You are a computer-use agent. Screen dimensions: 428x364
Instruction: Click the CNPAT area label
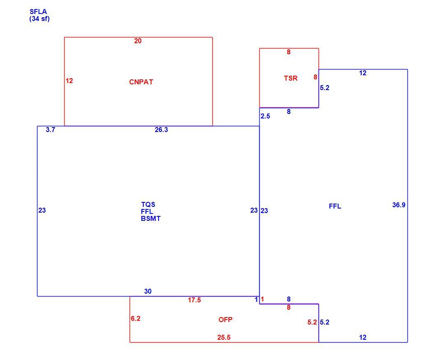pyautogui.click(x=141, y=82)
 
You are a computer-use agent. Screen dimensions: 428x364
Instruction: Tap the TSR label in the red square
pyautogui.click(x=291, y=78)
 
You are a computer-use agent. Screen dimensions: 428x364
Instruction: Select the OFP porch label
pyautogui.click(x=226, y=320)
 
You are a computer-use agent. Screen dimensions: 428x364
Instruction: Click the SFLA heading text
pyautogui.click(x=38, y=12)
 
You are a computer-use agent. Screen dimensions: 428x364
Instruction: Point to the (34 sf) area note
pyautogui.click(x=40, y=19)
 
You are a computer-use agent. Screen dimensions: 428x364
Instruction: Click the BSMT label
pyautogui.click(x=151, y=218)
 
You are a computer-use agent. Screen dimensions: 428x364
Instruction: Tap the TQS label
pyautogui.click(x=148, y=204)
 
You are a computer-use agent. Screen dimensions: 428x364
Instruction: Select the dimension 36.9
pyautogui.click(x=399, y=205)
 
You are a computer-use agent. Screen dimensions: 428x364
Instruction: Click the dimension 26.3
pyautogui.click(x=161, y=130)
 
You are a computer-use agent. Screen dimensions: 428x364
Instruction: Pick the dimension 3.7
pyautogui.click(x=51, y=130)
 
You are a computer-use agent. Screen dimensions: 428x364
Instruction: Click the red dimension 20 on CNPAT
pyautogui.click(x=138, y=41)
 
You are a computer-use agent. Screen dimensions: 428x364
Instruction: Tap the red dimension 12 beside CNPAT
pyautogui.click(x=69, y=81)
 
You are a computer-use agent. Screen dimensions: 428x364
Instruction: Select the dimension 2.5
pyautogui.click(x=265, y=116)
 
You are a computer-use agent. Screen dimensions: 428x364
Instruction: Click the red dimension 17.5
pyautogui.click(x=194, y=300)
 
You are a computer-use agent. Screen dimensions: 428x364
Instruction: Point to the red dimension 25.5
pyautogui.click(x=224, y=338)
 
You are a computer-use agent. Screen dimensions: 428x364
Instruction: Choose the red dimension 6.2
pyautogui.click(x=136, y=318)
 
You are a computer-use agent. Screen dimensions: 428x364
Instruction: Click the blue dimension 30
pyautogui.click(x=148, y=292)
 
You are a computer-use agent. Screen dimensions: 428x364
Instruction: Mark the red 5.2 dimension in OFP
pyautogui.click(x=312, y=322)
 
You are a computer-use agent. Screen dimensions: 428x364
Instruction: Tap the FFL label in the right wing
pyautogui.click(x=335, y=206)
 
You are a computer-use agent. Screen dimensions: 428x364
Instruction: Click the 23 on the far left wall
pyautogui.click(x=42, y=210)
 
